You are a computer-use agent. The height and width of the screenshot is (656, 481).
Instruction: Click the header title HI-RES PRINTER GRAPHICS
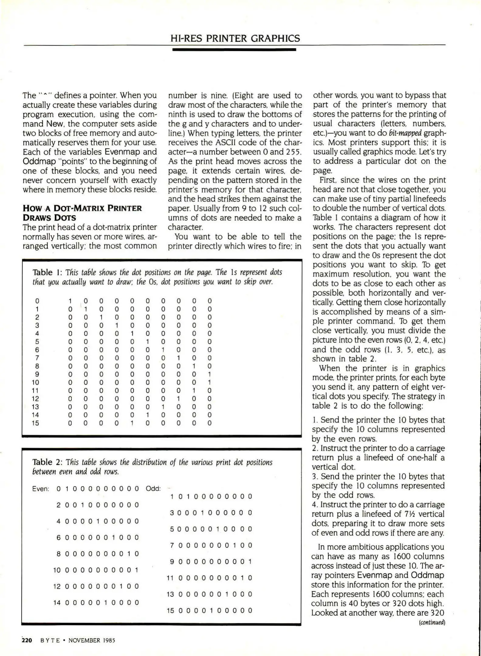[235, 38]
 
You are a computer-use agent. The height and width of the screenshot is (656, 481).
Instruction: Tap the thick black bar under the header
[234, 49]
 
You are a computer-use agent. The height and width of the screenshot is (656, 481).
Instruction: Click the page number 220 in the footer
[27, 640]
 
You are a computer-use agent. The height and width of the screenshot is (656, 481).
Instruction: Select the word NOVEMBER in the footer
[84, 641]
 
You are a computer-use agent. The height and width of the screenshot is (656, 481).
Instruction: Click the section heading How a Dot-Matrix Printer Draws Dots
[82, 213]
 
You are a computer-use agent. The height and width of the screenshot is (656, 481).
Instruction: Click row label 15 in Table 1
[36, 423]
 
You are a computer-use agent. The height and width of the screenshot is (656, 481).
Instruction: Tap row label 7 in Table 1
[37, 358]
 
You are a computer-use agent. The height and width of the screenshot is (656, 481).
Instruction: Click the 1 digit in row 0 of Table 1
[70, 301]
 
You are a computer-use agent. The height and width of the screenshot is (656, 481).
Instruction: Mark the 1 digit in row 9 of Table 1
[209, 374]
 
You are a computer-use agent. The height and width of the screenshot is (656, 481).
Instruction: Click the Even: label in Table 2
[41, 489]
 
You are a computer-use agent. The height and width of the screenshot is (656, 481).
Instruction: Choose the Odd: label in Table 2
[153, 488]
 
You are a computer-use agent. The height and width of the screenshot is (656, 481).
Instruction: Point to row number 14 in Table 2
[57, 603]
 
